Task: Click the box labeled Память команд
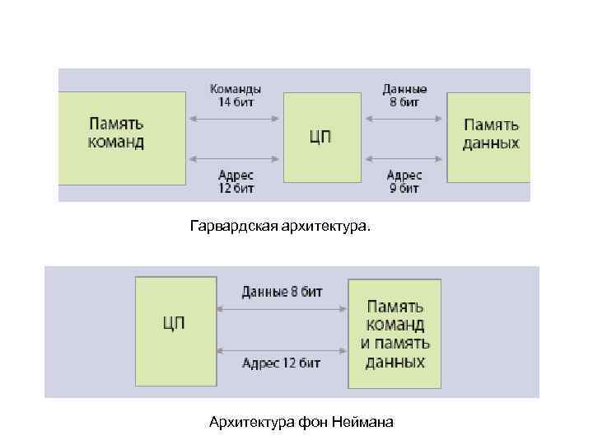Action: tap(121, 136)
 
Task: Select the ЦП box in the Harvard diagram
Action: tap(322, 137)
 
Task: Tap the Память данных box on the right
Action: tap(489, 136)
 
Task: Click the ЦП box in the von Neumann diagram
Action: tap(175, 331)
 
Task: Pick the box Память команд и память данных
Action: tap(395, 334)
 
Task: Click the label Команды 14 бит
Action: tap(236, 96)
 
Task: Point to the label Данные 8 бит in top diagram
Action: tap(404, 96)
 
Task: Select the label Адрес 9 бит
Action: tap(404, 181)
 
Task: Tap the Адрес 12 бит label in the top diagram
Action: tap(236, 181)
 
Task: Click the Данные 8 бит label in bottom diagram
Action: tap(282, 292)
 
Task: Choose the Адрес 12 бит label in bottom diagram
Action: tap(282, 363)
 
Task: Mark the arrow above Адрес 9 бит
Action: tap(404, 158)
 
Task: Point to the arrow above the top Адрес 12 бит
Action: tap(236, 158)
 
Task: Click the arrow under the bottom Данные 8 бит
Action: tap(282, 310)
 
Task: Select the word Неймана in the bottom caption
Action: tap(363, 423)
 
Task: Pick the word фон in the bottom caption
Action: tap(314, 423)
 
